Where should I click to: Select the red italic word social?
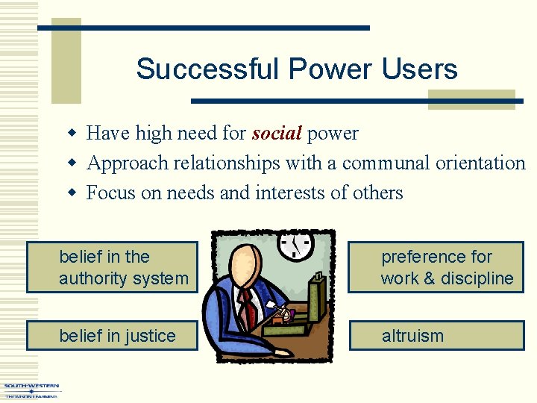[x=277, y=134]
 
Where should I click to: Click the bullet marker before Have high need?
[x=73, y=134]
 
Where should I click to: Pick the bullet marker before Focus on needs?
[x=73, y=193]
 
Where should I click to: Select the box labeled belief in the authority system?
[x=112, y=267]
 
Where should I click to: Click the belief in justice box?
[x=112, y=336]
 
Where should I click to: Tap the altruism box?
[x=436, y=336]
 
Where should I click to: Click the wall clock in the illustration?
[x=296, y=244]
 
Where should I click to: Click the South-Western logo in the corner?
[x=31, y=390]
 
